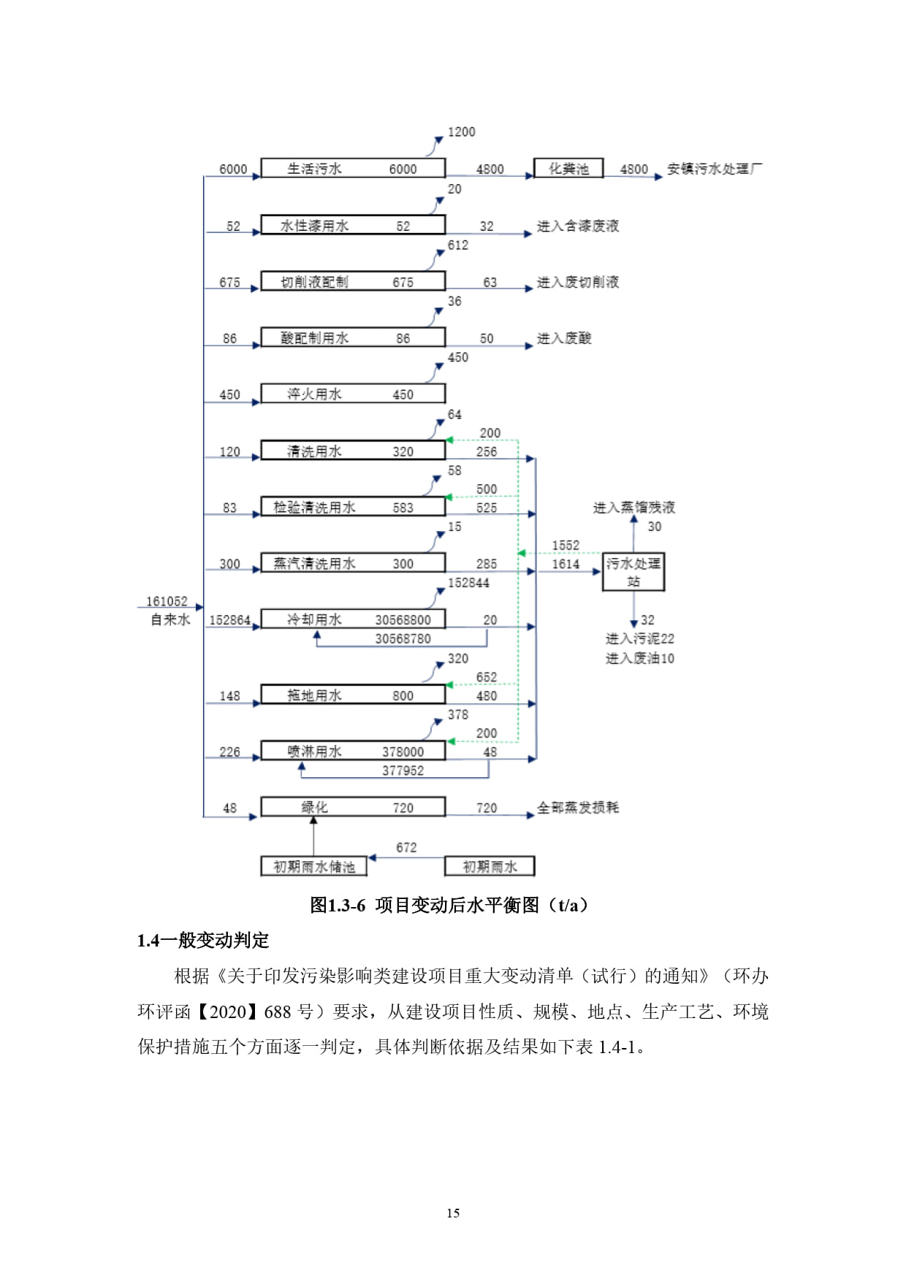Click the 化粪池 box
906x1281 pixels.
(x=568, y=169)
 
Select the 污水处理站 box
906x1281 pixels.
(x=633, y=572)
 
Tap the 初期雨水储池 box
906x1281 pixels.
(x=314, y=866)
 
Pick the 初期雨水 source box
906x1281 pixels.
(x=490, y=866)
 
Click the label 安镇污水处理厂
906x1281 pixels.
(x=715, y=169)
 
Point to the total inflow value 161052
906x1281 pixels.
(x=167, y=601)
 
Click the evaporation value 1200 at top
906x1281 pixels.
(x=461, y=131)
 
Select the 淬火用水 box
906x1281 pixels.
(x=353, y=394)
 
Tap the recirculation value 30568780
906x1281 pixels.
(x=403, y=638)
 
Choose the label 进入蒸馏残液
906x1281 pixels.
(x=633, y=507)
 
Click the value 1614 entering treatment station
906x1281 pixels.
(x=566, y=564)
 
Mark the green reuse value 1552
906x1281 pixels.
(x=566, y=545)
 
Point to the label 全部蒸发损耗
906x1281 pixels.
(x=578, y=807)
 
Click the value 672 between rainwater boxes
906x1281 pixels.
(x=406, y=847)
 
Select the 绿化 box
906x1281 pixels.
(x=353, y=807)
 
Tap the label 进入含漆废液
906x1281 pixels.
(x=578, y=226)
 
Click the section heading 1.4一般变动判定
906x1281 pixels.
(x=203, y=940)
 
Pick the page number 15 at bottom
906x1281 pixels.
(x=453, y=1213)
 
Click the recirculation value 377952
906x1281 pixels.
(x=403, y=770)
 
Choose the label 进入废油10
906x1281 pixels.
(x=639, y=658)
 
